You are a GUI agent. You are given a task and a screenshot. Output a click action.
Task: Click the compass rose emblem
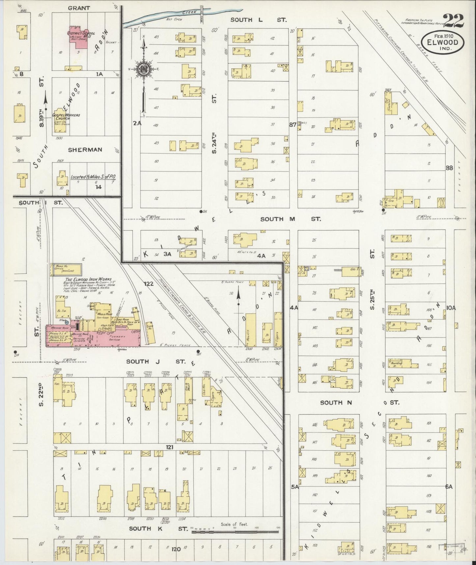coord(144,69)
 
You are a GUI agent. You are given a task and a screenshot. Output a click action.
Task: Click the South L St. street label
coord(258,20)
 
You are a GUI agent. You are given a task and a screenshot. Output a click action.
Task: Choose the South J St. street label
coord(156,361)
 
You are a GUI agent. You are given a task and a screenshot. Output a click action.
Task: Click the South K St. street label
coord(158,528)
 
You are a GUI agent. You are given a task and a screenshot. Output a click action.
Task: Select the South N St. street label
coord(359,402)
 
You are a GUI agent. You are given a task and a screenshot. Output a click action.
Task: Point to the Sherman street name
coord(85,150)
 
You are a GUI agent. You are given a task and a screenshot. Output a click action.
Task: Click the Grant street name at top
coord(79,8)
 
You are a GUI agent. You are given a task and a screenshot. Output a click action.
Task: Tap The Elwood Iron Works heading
coord(88,279)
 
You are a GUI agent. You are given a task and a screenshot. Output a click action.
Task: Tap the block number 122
coord(149,283)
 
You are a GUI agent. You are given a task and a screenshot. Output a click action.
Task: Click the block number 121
coord(170,447)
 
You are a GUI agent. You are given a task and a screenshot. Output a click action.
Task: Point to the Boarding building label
coord(396,363)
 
